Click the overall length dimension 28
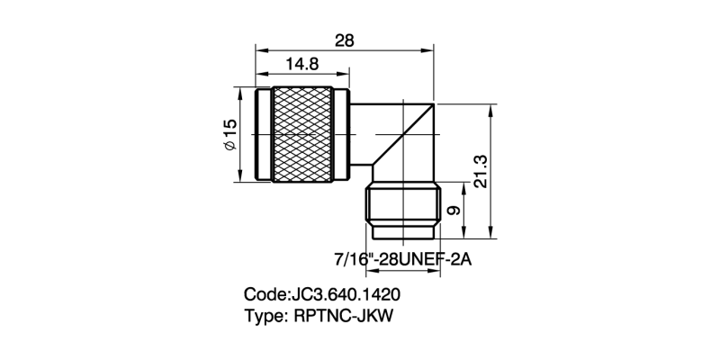point(345,40)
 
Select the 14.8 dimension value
point(302,64)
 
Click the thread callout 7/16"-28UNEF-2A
point(402,258)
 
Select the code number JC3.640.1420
point(345,294)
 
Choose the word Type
point(265,316)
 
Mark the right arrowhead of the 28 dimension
point(433,51)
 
